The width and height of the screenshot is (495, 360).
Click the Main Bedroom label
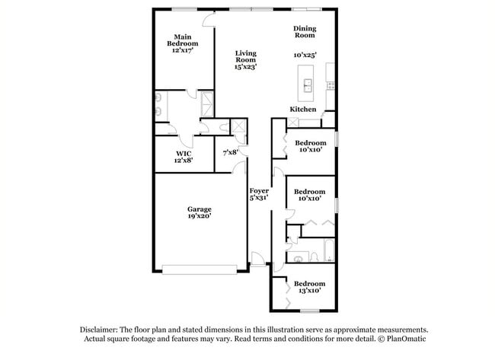coord(182,40)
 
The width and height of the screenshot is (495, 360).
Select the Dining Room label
coord(305,32)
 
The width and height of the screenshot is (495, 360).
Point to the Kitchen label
coord(302,110)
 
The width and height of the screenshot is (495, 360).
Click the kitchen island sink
coord(308,83)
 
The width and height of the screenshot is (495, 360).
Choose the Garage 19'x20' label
coord(200,212)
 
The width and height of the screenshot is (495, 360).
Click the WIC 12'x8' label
coord(184,157)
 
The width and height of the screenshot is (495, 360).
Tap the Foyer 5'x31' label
coord(259,194)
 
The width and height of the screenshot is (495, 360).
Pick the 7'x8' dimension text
coord(231,152)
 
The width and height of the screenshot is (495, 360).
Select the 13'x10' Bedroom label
coord(309,287)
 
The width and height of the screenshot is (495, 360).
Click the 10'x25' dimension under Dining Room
coord(305,55)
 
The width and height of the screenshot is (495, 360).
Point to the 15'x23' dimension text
coord(245,67)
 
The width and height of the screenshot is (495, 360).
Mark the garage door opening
coord(204,268)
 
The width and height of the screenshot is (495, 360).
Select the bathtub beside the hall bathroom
coord(327,250)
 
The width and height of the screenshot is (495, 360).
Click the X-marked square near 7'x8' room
coord(238,126)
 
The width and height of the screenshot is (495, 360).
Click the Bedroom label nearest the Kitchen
coord(310,143)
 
